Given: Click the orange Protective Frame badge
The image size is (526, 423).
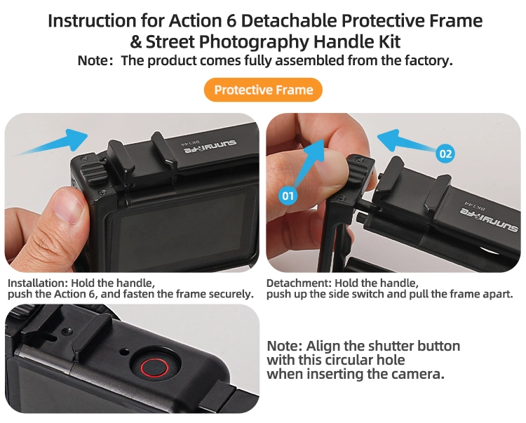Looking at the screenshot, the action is (263, 90).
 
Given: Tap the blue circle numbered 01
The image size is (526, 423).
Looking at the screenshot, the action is (288, 195).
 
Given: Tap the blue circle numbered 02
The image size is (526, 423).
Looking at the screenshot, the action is (445, 154).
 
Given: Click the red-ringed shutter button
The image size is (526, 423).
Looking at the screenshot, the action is (154, 368).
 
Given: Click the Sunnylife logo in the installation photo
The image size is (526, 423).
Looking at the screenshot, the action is (209, 146).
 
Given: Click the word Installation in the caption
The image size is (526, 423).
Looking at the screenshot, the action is (38, 283).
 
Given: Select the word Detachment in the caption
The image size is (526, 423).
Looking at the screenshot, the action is (299, 283).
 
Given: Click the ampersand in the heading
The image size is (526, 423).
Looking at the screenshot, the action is (135, 42).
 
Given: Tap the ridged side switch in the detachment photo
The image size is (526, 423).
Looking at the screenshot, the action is (356, 170).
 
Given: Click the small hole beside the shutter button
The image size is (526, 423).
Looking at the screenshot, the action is (124, 352).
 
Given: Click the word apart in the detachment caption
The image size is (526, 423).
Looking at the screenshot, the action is (499, 295).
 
